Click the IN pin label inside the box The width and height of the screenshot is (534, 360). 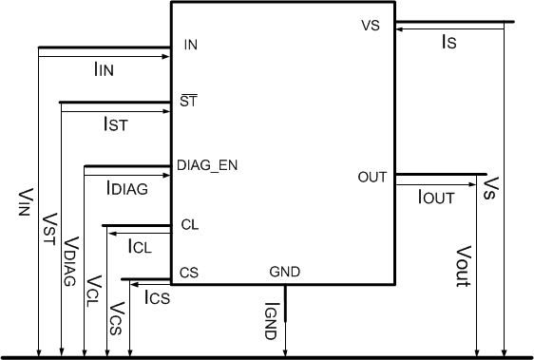190,45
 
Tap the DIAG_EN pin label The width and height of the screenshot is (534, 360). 207,165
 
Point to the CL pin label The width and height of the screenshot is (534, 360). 189,225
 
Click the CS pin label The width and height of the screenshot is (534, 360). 188,273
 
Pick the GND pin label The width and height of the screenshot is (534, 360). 285,273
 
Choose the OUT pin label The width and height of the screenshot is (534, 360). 372,177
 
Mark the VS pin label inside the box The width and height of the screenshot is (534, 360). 371,27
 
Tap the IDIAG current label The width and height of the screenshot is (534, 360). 128,188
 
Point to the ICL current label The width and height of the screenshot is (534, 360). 140,246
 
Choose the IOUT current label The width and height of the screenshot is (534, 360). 437,197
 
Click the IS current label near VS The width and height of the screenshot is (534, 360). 451,43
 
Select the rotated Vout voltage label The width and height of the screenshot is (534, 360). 463,266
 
